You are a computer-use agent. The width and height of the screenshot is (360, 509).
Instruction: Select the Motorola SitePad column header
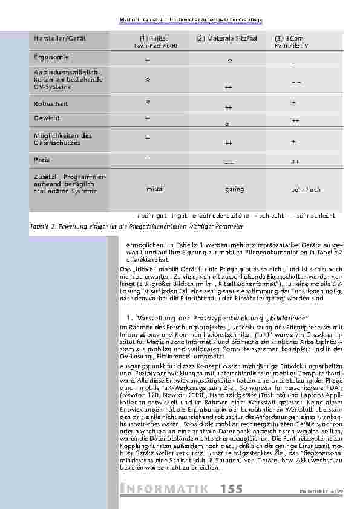tap(218, 38)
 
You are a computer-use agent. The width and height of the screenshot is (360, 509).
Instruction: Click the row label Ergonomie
tap(51, 57)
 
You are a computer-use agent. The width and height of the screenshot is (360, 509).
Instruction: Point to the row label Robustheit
tap(52, 103)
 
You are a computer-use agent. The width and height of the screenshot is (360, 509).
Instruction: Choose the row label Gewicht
tap(49, 118)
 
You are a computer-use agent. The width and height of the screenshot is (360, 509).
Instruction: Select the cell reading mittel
tap(155, 189)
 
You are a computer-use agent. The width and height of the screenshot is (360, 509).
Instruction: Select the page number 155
tap(233, 488)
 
